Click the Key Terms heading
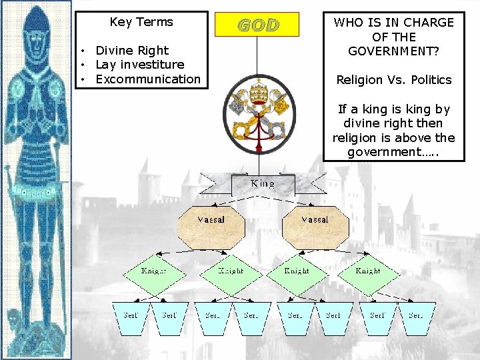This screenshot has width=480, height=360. coord(141,22)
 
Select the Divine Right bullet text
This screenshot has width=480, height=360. coord(132,50)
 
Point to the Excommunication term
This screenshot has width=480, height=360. coord(148,79)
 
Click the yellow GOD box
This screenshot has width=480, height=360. coord(257,25)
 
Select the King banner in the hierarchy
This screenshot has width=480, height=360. coord(261,183)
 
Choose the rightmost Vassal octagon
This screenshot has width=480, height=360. coord(315,226)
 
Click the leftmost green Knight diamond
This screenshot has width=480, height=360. coord(154,272)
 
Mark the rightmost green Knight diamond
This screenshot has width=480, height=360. coord(367,272)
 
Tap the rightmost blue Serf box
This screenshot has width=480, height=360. coord(416,318)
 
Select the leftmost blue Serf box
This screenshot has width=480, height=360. coord(131,318)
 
